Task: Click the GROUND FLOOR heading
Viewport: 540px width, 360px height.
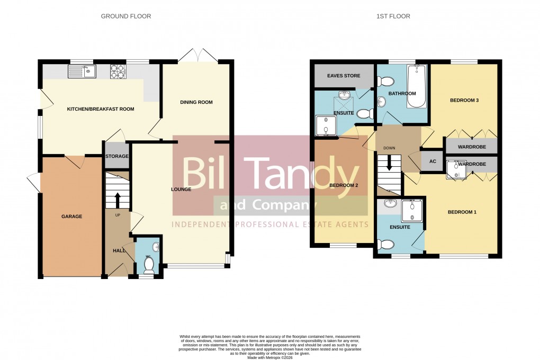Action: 126,16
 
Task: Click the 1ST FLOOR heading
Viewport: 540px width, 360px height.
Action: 393,16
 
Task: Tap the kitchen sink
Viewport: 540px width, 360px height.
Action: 82,71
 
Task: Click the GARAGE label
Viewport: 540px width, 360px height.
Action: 71,216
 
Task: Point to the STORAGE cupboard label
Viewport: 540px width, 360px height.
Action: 116,156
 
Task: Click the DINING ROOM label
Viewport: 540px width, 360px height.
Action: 196,102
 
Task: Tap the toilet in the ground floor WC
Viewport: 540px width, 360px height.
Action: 149,264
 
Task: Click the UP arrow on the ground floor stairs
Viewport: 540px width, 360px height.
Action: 117,200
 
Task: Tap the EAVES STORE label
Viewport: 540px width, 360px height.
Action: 344,76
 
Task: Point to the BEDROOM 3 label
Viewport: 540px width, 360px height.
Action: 464,100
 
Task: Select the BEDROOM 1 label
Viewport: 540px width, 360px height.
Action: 462,212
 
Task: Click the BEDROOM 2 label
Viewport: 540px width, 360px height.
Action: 344,185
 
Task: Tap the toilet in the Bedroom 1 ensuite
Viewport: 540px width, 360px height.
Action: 387,244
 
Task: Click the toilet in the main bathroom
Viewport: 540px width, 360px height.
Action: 386,82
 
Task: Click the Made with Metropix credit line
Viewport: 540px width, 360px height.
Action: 269,357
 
